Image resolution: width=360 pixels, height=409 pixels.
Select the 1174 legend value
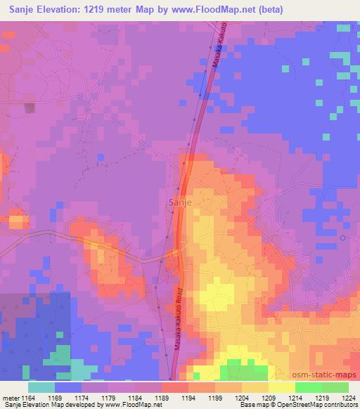(x=83, y=397)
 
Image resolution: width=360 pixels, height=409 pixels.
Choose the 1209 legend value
(x=243, y=397)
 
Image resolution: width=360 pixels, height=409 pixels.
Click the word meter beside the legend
(x=11, y=397)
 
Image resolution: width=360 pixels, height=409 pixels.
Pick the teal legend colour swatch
(x=41, y=387)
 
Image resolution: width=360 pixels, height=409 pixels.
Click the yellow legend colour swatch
(x=282, y=387)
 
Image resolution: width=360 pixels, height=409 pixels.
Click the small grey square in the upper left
(x=30, y=108)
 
